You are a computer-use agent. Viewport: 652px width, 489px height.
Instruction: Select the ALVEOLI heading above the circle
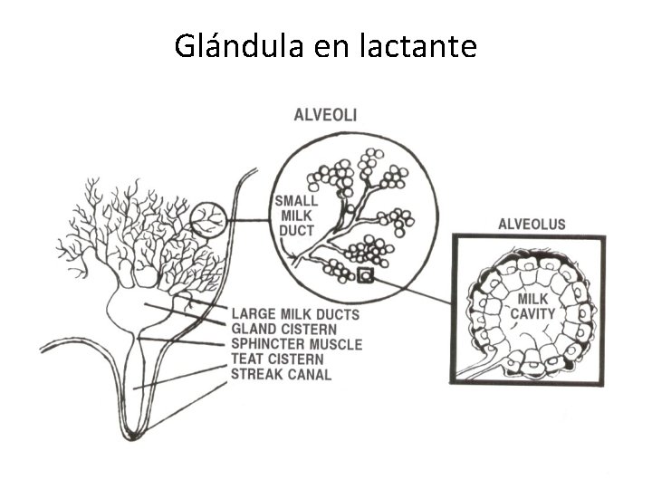[x=325, y=114]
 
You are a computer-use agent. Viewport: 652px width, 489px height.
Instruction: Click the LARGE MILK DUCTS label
[x=295, y=314]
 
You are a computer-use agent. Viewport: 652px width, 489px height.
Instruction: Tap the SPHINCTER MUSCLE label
[x=296, y=344]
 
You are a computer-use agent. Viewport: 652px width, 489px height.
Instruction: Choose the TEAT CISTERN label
[x=276, y=360]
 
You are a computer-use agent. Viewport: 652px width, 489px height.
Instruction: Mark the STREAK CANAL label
[x=281, y=374]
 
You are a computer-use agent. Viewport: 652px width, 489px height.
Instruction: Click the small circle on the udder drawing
[x=208, y=219]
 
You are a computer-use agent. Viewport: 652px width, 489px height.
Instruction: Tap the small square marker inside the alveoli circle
[x=366, y=276]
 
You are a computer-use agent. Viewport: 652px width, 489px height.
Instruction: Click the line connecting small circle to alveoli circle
[x=250, y=220]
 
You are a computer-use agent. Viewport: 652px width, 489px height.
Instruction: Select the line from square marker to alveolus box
[x=412, y=291]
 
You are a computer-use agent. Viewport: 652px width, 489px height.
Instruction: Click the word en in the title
[x=329, y=45]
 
